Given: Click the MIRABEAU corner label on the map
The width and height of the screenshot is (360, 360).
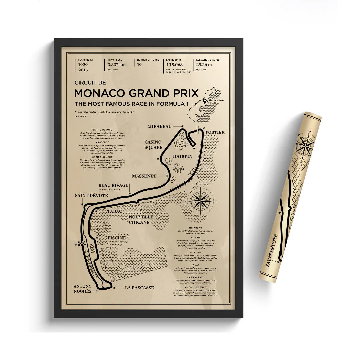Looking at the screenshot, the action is [159, 126].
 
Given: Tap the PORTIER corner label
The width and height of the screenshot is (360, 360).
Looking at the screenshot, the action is [215, 132].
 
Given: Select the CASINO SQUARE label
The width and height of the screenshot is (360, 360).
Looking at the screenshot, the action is [153, 145].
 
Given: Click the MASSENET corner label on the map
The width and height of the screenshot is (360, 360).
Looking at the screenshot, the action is [144, 176].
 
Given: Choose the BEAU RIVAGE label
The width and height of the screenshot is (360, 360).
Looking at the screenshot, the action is [113, 186].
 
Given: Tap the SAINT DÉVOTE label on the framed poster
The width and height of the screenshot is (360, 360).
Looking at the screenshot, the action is [91, 195].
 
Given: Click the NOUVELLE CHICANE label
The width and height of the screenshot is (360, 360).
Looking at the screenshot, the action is [141, 219].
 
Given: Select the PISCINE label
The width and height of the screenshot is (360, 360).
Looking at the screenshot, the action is [117, 238].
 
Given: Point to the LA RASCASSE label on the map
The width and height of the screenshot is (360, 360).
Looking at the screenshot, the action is [139, 287].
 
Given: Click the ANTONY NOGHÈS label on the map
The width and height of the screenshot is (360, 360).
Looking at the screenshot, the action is [83, 289].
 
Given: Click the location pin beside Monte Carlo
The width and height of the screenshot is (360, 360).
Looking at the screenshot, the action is [205, 101].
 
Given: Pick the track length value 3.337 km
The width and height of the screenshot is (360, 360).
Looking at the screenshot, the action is [116, 65].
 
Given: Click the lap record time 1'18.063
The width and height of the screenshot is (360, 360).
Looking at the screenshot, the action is [175, 65].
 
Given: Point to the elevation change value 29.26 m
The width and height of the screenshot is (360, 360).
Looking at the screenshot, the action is [204, 65].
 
